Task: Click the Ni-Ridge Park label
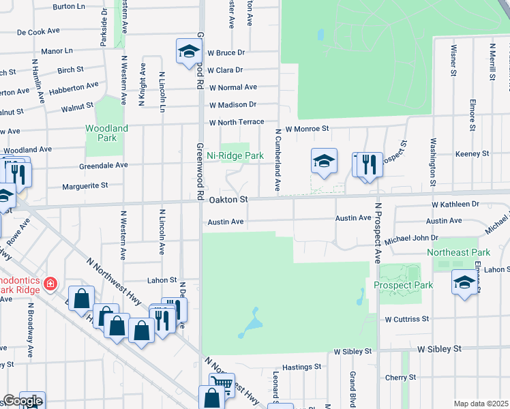tap(235, 155)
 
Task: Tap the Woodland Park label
tap(106, 133)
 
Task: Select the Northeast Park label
tap(458, 252)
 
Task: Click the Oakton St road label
tap(228, 200)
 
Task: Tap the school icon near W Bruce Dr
tap(189, 50)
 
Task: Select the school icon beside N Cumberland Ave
tap(324, 161)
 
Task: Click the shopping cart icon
tap(222, 384)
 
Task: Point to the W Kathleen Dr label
tap(455, 204)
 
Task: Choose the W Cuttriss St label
tap(406, 318)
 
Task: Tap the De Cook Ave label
tap(40, 32)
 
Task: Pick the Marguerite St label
tap(85, 185)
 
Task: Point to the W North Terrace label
tap(237, 123)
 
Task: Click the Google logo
tap(22, 402)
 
